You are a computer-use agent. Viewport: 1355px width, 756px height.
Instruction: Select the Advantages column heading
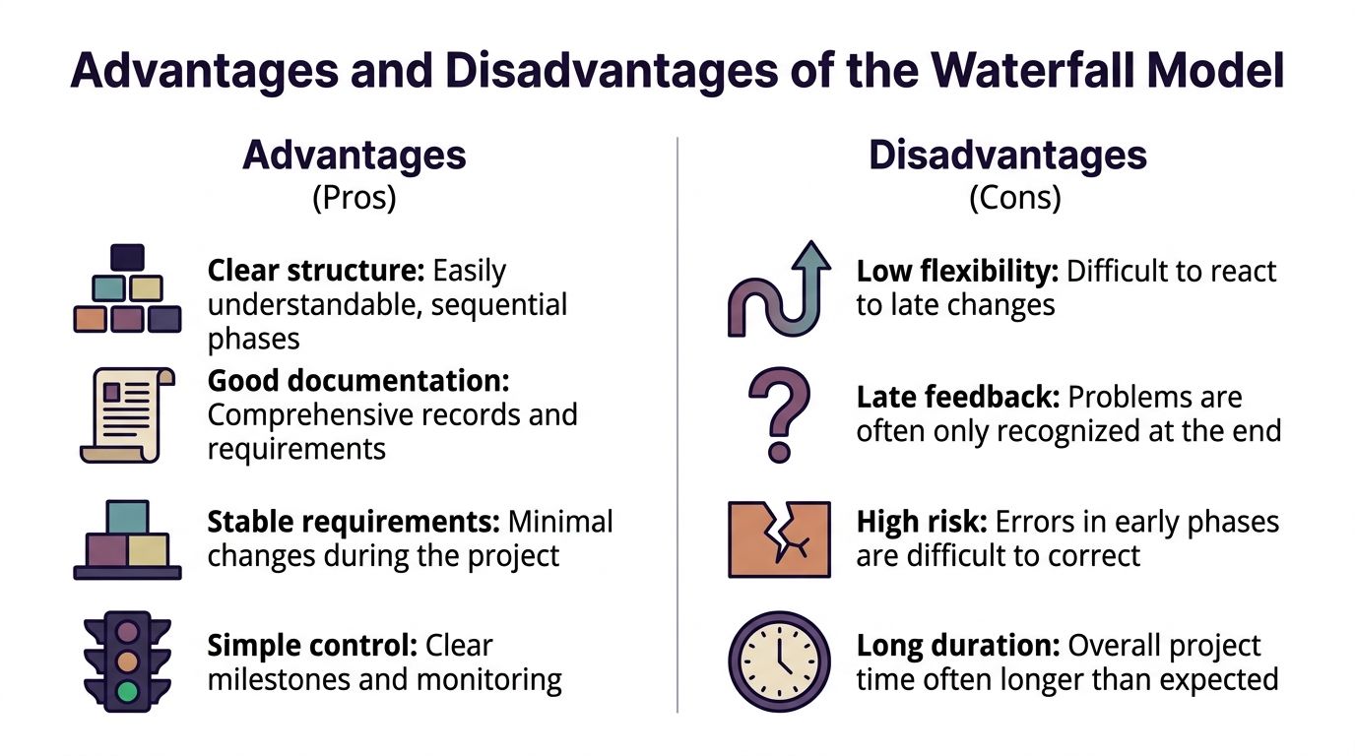click(354, 156)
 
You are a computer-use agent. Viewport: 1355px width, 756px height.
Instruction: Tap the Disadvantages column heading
click(1007, 156)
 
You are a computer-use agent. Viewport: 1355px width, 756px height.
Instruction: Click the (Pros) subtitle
click(354, 198)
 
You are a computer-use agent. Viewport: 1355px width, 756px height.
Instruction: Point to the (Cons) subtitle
click(1014, 198)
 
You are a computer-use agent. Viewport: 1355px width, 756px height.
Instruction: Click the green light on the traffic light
click(127, 691)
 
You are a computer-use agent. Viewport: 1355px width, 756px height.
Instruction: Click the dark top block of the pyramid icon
click(127, 258)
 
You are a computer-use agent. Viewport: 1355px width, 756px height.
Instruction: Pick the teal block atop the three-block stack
click(127, 516)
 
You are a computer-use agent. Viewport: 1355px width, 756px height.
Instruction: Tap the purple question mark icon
click(779, 414)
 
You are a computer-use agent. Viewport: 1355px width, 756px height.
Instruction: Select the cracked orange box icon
click(779, 538)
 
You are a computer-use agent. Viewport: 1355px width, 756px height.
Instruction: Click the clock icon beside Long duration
click(779, 661)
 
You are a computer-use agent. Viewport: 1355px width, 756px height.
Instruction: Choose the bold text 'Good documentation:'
click(358, 381)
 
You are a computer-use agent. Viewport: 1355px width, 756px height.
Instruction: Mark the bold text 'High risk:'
click(923, 521)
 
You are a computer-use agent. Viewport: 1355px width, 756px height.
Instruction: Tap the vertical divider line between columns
click(677, 423)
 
